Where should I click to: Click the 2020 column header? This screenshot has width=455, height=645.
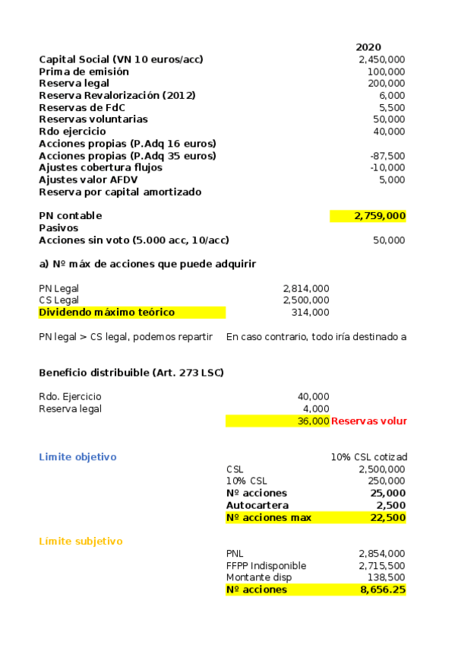(368, 47)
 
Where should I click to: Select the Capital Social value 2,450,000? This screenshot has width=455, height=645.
(381, 59)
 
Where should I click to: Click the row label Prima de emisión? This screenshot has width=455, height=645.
(84, 71)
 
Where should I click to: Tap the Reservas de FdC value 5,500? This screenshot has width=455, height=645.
(391, 107)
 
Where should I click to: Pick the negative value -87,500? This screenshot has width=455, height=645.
(387, 156)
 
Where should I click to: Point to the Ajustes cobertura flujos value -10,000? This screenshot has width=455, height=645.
(387, 167)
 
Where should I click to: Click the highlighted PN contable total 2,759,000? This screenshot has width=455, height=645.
(380, 216)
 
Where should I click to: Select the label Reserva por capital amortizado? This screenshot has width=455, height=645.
(120, 192)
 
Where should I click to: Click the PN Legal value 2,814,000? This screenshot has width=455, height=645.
(305, 288)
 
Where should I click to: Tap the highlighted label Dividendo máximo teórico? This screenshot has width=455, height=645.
(106, 313)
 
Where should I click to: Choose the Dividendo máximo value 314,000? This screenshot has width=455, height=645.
(310, 313)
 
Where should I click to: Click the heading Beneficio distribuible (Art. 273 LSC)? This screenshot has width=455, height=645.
(131, 372)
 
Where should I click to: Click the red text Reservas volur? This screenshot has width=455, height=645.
(369, 421)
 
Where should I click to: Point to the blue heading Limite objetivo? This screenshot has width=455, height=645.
(77, 457)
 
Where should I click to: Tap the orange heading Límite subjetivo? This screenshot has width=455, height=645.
(81, 542)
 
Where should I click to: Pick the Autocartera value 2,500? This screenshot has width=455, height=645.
(390, 505)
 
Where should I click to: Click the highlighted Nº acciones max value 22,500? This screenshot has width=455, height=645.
(387, 517)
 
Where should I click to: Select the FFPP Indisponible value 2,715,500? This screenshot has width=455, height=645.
(381, 566)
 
